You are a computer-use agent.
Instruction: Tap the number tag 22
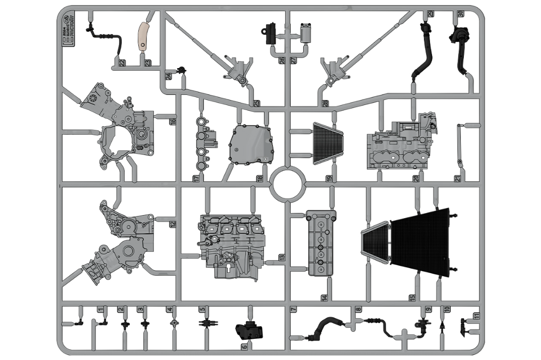pos(122,63)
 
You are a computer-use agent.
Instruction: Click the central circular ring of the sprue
pos(288,185)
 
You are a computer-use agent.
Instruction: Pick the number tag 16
pos(173,121)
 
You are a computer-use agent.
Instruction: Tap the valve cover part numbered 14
pos(321,243)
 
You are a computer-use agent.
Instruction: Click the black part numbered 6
pos(249,331)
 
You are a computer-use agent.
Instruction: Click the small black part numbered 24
pos(180,69)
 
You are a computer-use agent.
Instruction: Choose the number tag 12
pos(173,224)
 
